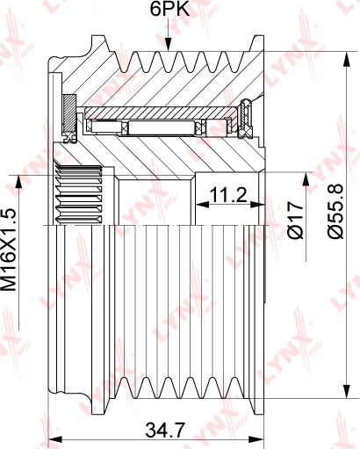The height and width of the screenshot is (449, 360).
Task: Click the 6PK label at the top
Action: coord(169,9)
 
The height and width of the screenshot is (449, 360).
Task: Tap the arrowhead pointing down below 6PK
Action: coord(168,45)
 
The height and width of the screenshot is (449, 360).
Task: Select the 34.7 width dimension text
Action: coord(165,431)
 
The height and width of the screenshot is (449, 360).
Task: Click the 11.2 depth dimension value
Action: coord(228,195)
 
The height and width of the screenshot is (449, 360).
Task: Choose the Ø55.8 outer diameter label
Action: coord(335,211)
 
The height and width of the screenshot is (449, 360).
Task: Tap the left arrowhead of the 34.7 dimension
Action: coord(55,439)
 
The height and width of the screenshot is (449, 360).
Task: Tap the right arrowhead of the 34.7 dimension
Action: coord(256,439)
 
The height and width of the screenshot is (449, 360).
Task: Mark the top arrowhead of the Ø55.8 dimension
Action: coord(347,60)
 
